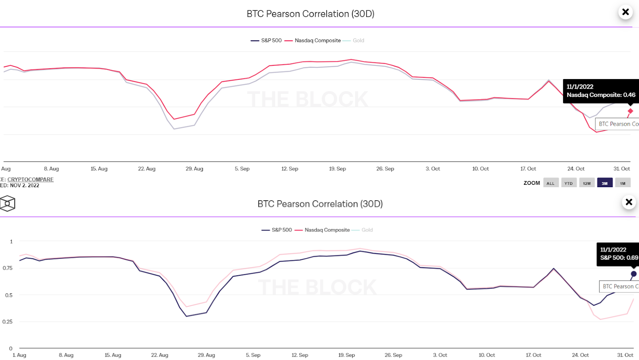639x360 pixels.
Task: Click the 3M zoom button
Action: pos(605,183)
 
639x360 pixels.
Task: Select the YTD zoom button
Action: pos(569,183)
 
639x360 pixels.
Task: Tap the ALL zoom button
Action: pos(550,183)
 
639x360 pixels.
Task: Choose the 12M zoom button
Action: pos(587,183)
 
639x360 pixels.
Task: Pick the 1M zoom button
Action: pos(623,183)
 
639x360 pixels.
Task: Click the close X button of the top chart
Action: pos(625,12)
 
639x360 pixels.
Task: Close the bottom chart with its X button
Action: pos(629,202)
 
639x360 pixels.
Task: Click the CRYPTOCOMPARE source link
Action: pos(30,180)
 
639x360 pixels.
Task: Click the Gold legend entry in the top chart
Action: pos(358,40)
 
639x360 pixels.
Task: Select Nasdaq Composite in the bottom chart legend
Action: pos(327,230)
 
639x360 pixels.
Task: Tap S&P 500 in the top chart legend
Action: pos(271,40)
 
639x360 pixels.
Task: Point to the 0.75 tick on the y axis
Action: pos(8,268)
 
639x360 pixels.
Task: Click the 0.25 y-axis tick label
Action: pos(8,322)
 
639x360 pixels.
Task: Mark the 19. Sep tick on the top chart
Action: pos(337,169)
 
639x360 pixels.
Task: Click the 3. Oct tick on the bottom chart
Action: pos(440,355)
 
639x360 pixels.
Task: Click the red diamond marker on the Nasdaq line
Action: pos(630,111)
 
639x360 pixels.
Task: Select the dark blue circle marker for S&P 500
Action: pos(633,274)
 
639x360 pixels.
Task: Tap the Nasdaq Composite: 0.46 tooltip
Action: pos(601,91)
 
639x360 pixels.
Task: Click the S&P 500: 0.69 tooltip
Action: pos(619,254)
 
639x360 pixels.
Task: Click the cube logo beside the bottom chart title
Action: pos(8,204)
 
